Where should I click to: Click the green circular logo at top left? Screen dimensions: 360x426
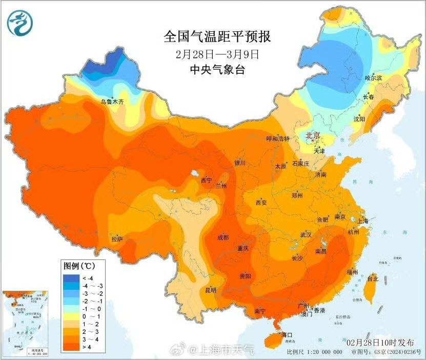pos(19,23)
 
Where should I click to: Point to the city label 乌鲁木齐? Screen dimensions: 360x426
pos(112,102)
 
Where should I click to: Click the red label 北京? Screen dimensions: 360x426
pos(313,136)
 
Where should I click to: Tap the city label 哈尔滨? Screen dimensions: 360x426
pos(373,78)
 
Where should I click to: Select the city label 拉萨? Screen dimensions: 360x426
pos(117,239)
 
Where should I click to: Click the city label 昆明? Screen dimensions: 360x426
pos(211,290)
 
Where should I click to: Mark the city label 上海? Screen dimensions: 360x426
pos(363,221)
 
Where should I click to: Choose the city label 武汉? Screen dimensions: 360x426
pos(306,235)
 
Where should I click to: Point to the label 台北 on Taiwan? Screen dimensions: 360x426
pos(373,279)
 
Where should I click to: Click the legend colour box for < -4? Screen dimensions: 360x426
pos(70,277)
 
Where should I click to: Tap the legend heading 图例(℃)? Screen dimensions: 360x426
pos(79,267)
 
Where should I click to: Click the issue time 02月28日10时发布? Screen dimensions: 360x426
pos(380,342)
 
